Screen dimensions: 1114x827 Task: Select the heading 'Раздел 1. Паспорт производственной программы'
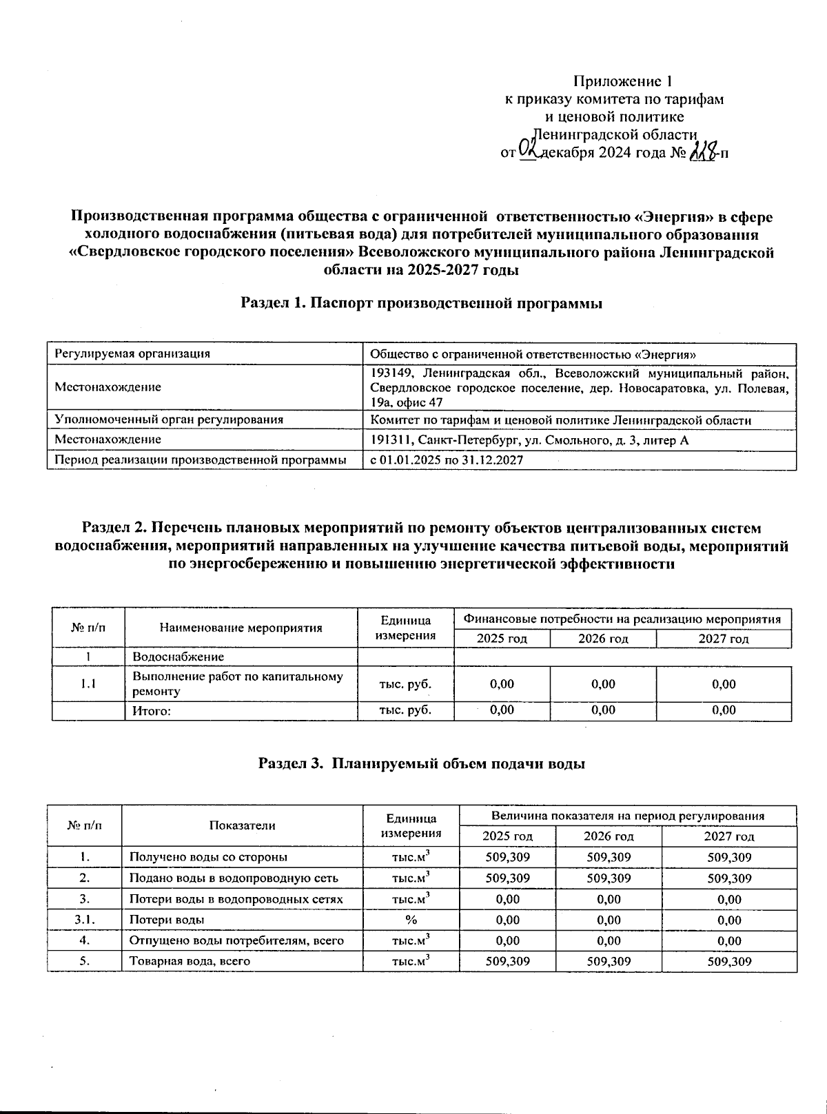(x=422, y=303)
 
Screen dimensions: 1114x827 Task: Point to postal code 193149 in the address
(x=391, y=373)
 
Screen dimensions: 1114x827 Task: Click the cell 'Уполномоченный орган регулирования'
(x=169, y=420)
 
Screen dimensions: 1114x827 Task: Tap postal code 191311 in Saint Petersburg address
(x=391, y=440)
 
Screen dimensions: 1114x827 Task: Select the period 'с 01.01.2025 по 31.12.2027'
(x=447, y=460)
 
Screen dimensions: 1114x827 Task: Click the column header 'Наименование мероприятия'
(x=241, y=628)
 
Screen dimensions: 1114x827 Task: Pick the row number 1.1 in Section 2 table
(x=88, y=683)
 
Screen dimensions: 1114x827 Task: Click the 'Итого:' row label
(x=152, y=710)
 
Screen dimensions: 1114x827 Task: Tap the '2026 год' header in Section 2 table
(x=603, y=639)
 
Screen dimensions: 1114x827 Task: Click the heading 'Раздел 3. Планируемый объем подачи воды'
(x=422, y=763)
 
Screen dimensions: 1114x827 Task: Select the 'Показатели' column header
(x=242, y=825)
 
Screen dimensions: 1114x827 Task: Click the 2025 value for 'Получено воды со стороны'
(x=507, y=857)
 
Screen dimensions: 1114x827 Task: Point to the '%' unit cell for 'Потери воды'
(x=411, y=920)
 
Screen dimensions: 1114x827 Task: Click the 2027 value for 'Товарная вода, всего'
(x=729, y=961)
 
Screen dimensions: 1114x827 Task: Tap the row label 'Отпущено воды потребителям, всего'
(x=236, y=940)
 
